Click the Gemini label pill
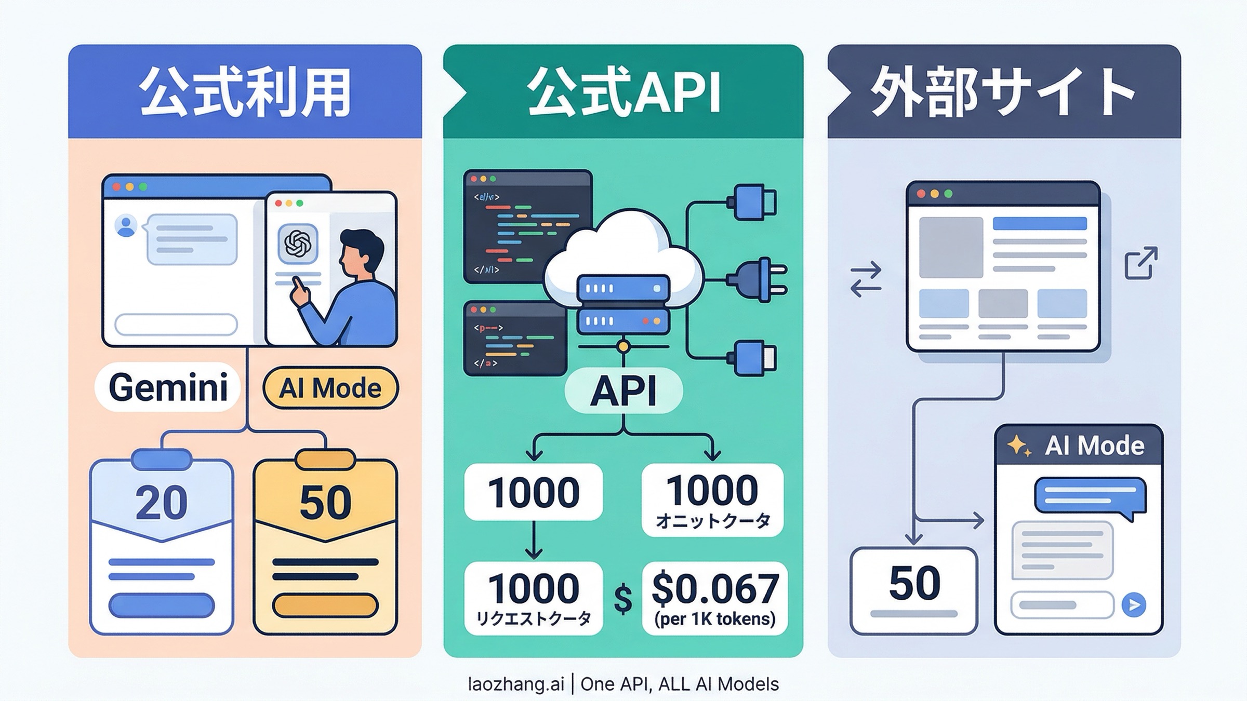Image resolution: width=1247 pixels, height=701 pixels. tap(168, 387)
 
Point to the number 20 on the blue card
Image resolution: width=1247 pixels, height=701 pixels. tap(162, 503)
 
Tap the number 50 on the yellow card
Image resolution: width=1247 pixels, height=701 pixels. tap(326, 503)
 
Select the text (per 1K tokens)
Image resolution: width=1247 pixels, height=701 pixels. tap(715, 619)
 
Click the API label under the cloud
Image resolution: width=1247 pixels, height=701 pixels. tap(623, 390)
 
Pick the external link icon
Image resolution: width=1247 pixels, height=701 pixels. tap(1141, 263)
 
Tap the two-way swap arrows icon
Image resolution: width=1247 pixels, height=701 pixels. tap(866, 279)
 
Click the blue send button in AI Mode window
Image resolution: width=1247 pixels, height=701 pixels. tap(1134, 605)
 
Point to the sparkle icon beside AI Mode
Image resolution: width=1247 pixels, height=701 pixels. tap(1019, 446)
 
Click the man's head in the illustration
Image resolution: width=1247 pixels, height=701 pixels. tap(361, 249)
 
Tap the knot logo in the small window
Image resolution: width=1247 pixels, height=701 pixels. tap(298, 243)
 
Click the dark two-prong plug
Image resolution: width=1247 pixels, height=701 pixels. tap(759, 279)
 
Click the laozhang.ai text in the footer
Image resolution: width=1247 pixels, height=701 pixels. tap(515, 684)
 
